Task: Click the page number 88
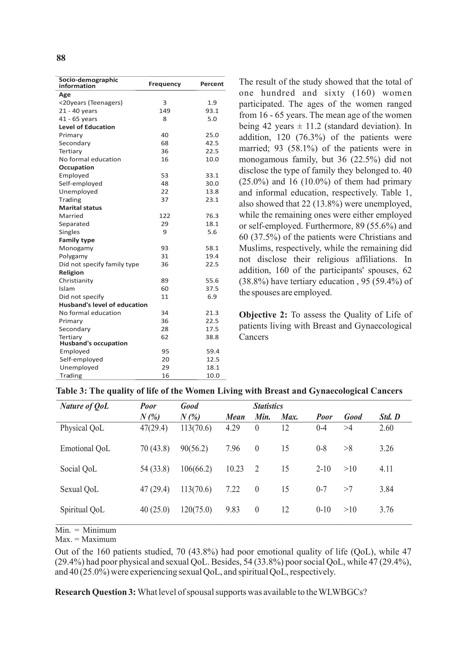point(61,58)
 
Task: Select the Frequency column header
point(164,84)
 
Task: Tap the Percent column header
point(212,84)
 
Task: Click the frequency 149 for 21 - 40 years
point(164,111)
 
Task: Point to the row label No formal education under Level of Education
point(90,159)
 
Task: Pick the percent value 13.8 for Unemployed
point(212,192)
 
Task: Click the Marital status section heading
point(80,208)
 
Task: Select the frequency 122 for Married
point(164,216)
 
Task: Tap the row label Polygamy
point(73,256)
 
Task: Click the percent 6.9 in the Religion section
point(212,297)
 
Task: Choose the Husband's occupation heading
point(93,343)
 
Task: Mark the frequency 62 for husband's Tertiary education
point(164,337)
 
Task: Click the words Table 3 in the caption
point(71,391)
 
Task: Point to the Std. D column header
point(390,417)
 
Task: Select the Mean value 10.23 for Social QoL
point(235,469)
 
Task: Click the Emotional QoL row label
point(85,448)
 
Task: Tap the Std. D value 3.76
point(386,509)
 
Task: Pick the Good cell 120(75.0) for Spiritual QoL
point(196,509)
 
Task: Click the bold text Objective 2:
point(263,315)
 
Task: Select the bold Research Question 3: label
point(95,592)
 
